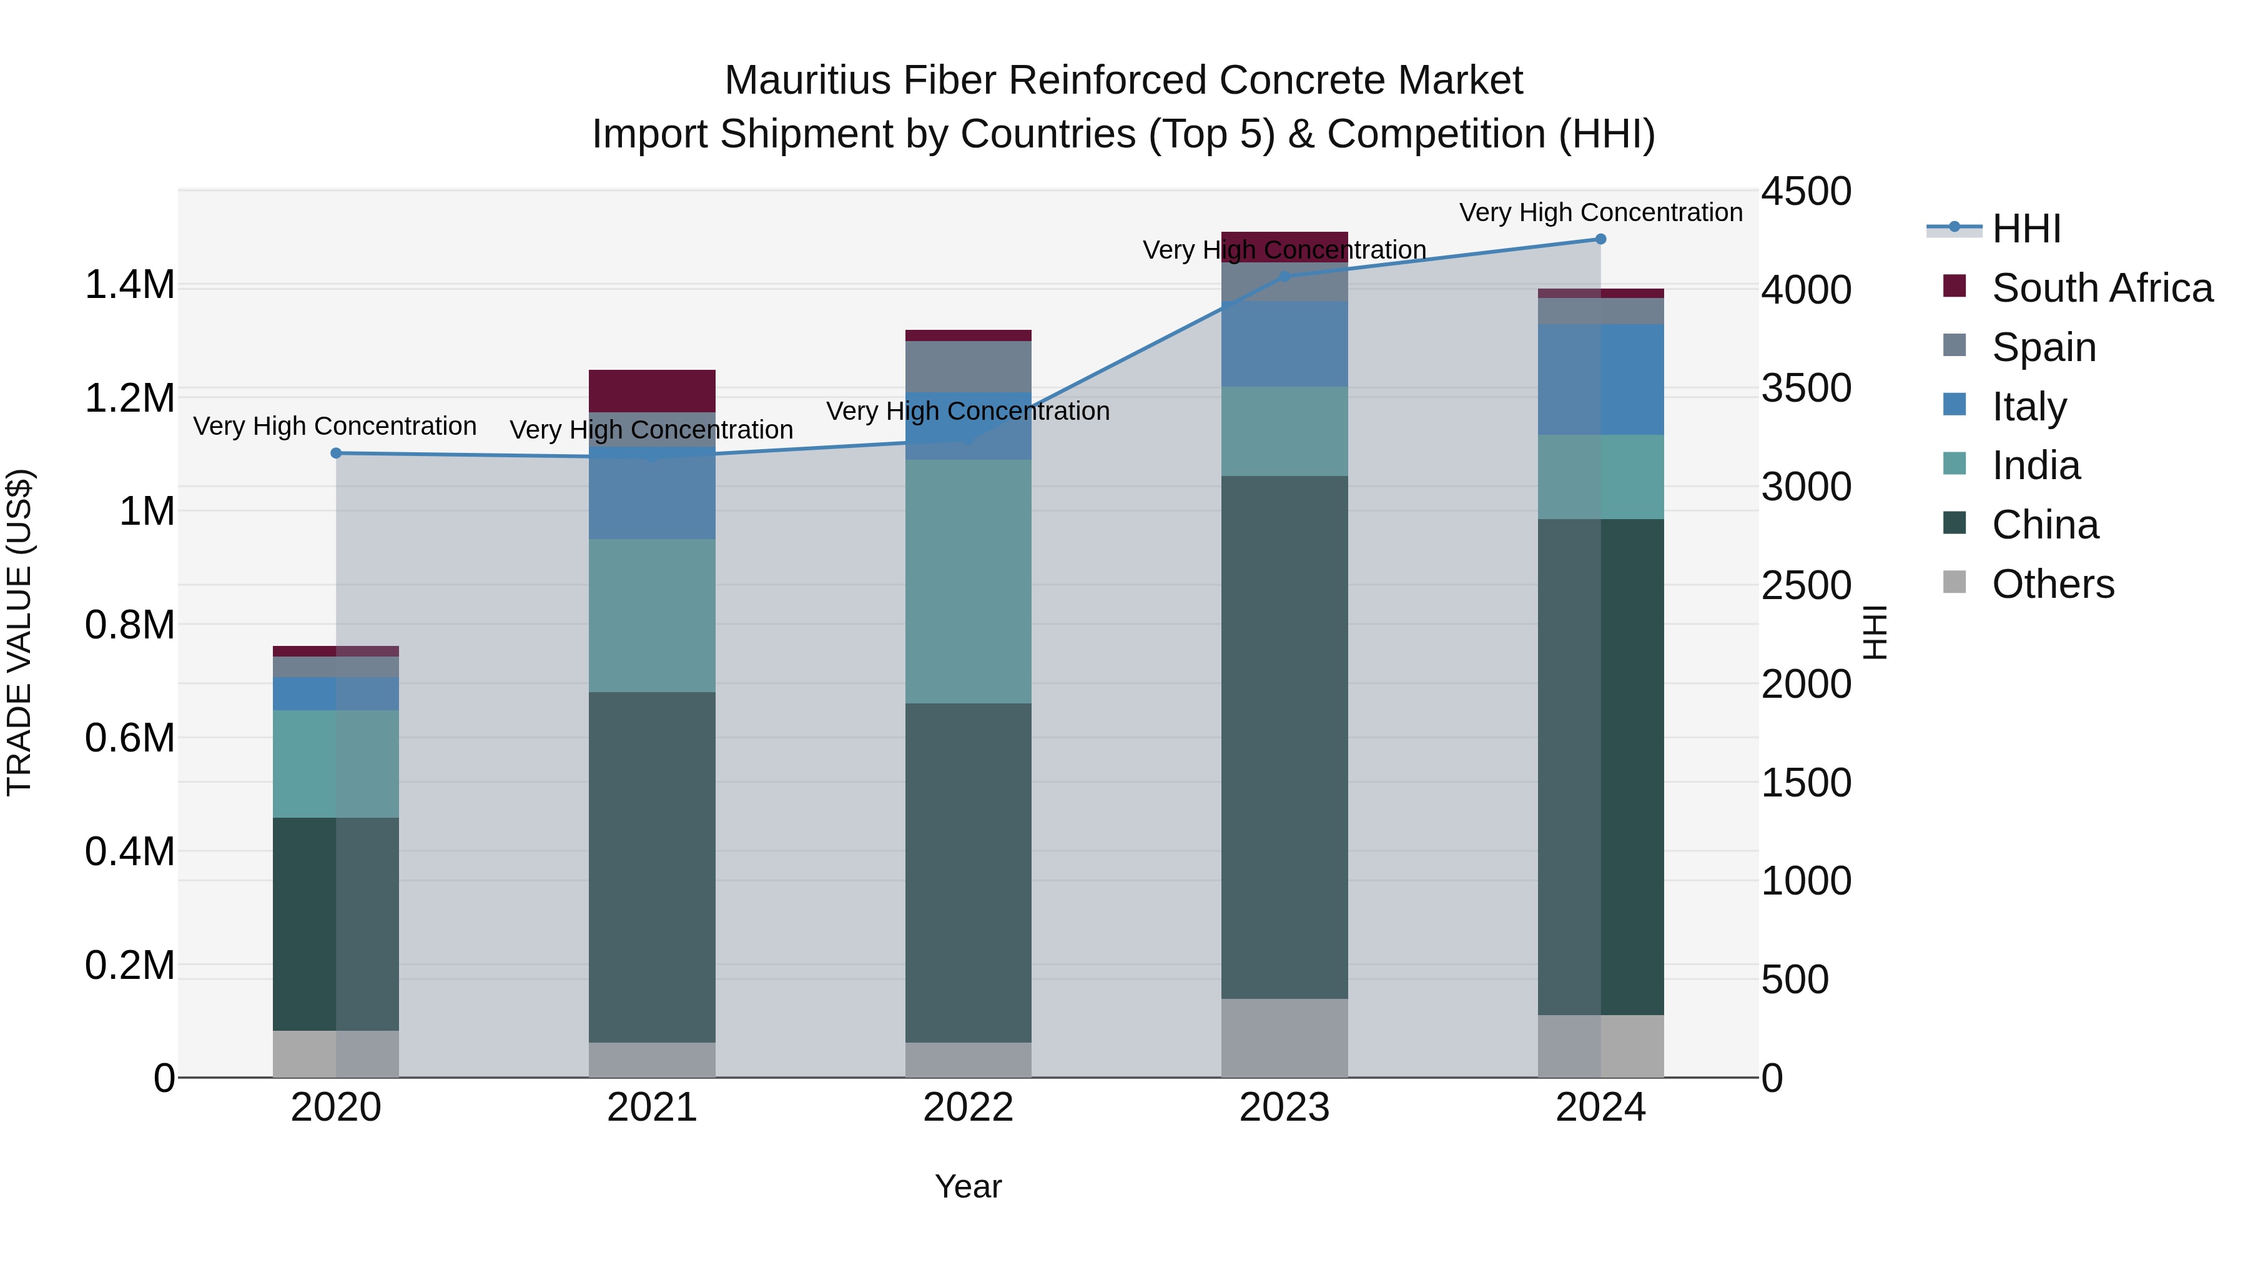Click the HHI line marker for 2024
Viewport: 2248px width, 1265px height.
point(1600,239)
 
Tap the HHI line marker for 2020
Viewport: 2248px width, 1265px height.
point(336,453)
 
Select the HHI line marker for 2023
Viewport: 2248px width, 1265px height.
point(1284,277)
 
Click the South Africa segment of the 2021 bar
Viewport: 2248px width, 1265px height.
point(652,390)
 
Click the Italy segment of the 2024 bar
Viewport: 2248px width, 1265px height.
point(1600,379)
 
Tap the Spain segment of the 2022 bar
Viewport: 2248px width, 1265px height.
point(968,366)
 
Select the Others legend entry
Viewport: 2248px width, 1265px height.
point(2053,584)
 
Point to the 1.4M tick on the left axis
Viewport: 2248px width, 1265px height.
point(130,285)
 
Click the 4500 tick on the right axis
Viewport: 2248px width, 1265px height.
point(1805,191)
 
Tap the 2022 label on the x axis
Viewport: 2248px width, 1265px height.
point(968,1108)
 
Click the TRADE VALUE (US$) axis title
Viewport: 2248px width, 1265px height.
point(19,632)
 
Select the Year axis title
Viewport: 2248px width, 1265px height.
point(968,1186)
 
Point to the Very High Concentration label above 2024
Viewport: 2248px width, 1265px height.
point(1600,212)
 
